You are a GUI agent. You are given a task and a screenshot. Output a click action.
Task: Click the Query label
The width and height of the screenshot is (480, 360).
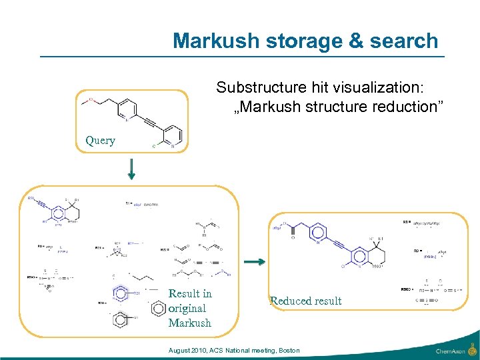coord(100,140)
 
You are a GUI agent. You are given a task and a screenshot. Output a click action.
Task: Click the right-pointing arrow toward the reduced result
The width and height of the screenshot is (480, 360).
coord(255,262)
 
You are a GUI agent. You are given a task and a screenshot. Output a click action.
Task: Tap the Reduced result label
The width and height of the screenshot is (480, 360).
coord(305,301)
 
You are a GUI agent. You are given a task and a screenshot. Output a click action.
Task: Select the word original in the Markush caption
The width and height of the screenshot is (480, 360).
coord(187,308)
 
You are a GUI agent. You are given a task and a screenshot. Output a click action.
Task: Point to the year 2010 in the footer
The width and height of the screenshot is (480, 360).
coord(199,351)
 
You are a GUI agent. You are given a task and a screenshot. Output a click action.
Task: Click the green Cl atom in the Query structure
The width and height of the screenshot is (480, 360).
coord(155,146)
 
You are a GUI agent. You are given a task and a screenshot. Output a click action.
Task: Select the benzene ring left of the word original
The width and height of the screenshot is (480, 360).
coord(159,307)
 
